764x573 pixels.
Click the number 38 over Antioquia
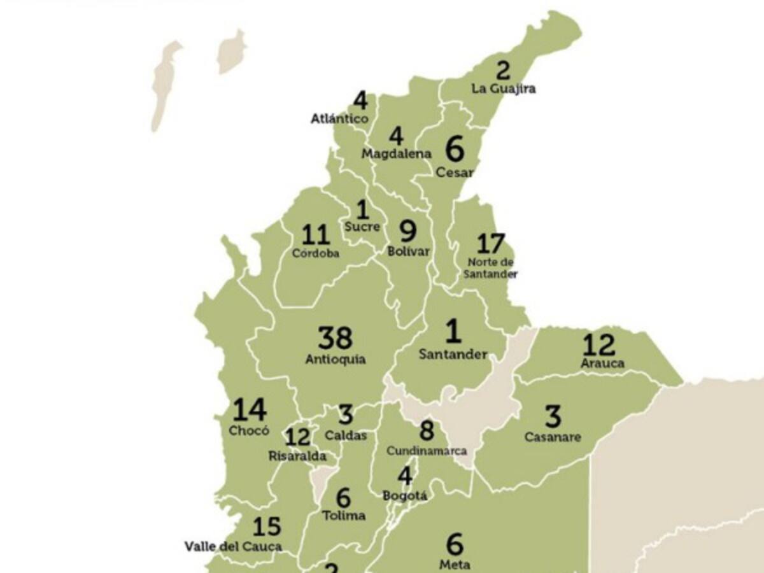(335, 338)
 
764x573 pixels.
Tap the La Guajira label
(503, 88)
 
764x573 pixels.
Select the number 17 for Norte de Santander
(490, 244)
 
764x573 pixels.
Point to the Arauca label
(602, 364)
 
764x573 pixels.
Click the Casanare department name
(552, 437)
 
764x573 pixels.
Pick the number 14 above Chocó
(249, 411)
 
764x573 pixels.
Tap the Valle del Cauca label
(233, 546)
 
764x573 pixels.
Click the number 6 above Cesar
(455, 150)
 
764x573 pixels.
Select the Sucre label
(362, 227)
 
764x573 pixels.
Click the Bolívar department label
(408, 251)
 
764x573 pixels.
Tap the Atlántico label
(339, 119)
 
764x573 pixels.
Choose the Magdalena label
(396, 153)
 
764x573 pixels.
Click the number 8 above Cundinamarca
(426, 430)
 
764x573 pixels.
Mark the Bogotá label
(405, 495)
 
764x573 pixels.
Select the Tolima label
(344, 515)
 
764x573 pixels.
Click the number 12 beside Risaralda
(297, 437)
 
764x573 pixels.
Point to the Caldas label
(345, 436)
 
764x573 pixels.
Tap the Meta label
(455, 565)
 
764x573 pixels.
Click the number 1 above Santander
(453, 332)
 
